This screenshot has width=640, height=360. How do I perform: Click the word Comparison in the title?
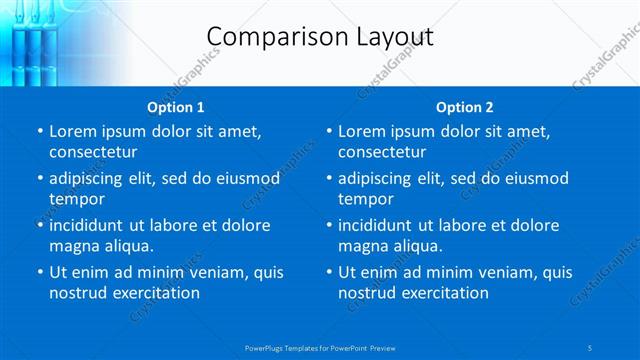[x=267, y=37]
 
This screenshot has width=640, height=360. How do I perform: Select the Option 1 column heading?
[x=176, y=107]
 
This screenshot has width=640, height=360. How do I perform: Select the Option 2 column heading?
[x=465, y=107]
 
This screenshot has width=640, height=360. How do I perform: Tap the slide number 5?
[x=592, y=348]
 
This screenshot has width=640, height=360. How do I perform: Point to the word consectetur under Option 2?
[x=382, y=152]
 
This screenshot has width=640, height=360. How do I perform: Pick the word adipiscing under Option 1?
[x=90, y=178]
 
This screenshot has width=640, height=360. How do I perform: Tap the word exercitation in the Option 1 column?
[x=155, y=293]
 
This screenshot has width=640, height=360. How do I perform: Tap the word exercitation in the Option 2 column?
[x=444, y=293]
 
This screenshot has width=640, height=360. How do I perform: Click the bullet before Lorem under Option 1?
[x=39, y=131]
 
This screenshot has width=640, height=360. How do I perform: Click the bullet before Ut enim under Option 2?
[x=328, y=272]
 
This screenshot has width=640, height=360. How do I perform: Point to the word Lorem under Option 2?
[x=362, y=131]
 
